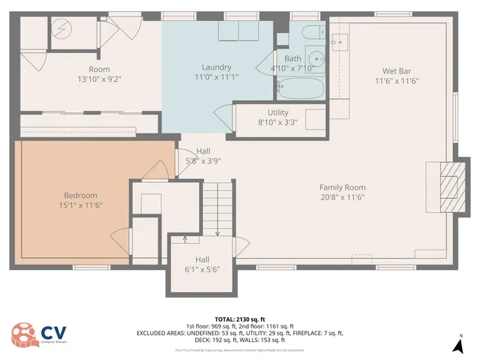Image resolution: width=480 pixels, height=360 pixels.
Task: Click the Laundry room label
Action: coord(215,67)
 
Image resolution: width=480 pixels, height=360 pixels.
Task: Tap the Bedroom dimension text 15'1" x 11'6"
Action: coord(80,205)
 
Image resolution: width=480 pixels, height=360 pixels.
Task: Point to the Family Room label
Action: coord(342,187)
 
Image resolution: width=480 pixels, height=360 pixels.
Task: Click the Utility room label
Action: coord(272,111)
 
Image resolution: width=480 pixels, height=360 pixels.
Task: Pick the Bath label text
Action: coord(292,58)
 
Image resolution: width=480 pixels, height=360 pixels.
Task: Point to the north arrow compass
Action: coord(458,343)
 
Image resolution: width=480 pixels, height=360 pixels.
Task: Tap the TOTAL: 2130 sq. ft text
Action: coord(240,319)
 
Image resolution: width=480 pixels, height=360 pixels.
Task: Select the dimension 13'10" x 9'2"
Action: coord(99,78)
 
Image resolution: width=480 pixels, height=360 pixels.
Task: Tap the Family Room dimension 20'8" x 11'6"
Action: coord(342,198)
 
